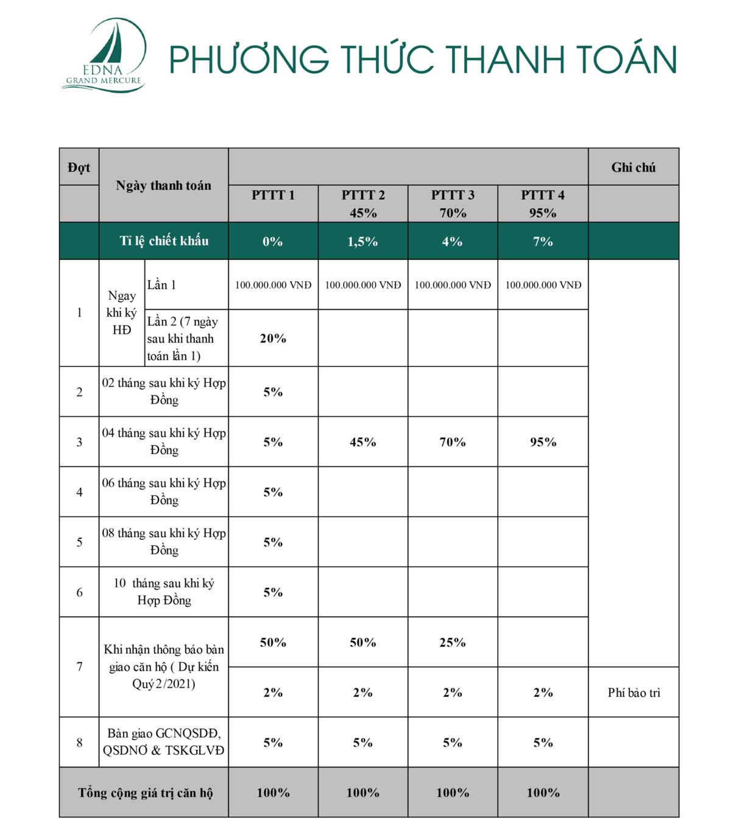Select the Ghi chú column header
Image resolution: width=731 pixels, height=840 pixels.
click(x=634, y=167)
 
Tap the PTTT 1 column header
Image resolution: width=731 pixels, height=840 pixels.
click(x=273, y=195)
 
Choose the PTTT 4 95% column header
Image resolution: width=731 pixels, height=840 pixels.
click(x=543, y=204)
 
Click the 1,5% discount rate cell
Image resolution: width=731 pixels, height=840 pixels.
click(x=362, y=242)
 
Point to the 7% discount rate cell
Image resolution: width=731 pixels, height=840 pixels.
click(x=543, y=242)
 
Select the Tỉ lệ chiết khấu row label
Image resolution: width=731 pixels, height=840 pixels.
click(x=164, y=241)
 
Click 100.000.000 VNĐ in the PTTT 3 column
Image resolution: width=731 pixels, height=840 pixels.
click(x=453, y=285)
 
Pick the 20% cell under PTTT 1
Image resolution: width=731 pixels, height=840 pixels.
click(x=273, y=338)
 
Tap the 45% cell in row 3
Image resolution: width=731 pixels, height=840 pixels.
click(x=362, y=443)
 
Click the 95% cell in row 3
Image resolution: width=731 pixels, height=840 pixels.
click(x=543, y=443)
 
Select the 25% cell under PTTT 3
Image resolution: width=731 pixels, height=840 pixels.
click(x=453, y=643)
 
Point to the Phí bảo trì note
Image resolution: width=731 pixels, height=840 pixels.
click(x=634, y=693)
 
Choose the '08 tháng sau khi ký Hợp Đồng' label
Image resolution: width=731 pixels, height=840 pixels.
click(x=164, y=542)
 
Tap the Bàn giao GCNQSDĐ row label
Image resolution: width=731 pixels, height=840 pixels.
click(x=164, y=742)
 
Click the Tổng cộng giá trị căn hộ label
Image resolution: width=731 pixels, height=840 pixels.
click(x=146, y=793)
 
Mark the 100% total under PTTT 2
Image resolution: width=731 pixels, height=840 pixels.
click(x=362, y=793)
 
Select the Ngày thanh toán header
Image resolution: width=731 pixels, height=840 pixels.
click(x=164, y=186)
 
